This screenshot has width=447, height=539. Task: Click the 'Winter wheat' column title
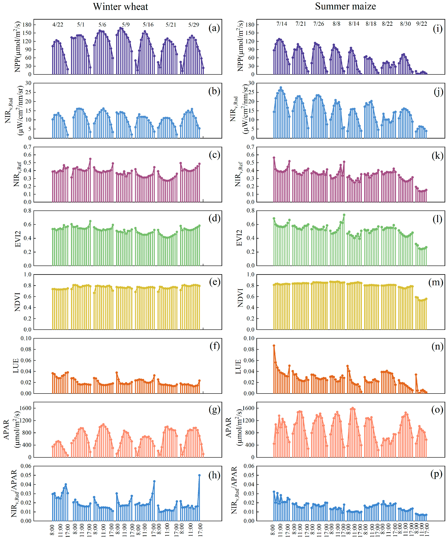(x=120, y=7)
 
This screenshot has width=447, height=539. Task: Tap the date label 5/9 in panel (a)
(x=126, y=25)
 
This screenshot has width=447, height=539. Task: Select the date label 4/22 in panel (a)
(x=58, y=25)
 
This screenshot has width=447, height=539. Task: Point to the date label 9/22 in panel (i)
(x=422, y=24)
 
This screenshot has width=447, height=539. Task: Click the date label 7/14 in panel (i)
(x=282, y=24)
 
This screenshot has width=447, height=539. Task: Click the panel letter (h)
(x=214, y=475)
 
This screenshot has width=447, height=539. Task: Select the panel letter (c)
(x=214, y=155)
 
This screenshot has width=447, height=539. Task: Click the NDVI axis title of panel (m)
(x=240, y=298)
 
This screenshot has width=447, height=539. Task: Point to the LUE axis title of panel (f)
(x=16, y=366)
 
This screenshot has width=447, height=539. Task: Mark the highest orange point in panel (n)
(x=274, y=346)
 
